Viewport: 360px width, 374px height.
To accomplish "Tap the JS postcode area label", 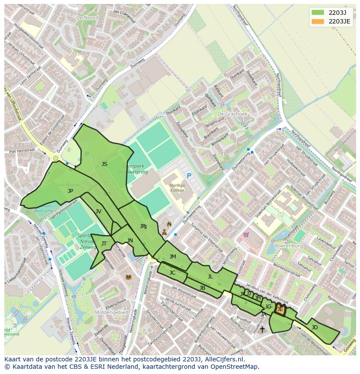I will pos(104,164).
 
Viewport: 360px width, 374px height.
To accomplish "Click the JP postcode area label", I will pos(70,191).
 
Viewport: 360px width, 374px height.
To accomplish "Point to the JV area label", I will pos(98,211).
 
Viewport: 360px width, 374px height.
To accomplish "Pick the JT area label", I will pos(104,244).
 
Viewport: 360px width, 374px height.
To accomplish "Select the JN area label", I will pos(130,241).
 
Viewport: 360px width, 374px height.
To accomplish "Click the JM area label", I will pos(173,257).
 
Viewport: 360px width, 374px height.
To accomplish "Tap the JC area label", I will pos(172,273).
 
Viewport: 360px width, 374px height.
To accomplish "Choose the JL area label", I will pos(210,277).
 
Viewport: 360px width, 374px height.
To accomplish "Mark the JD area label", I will pos(314,327).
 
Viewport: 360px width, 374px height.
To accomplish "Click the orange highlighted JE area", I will pos(280,310).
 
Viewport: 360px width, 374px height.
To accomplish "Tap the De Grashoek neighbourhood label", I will pos(232,114).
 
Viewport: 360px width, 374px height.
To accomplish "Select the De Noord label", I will pos(87,18).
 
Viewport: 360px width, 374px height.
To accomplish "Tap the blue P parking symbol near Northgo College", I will pos(189,175).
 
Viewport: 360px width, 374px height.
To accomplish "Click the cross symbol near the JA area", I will pos(262,330).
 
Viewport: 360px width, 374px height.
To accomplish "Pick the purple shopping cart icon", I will pos(246,235).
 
